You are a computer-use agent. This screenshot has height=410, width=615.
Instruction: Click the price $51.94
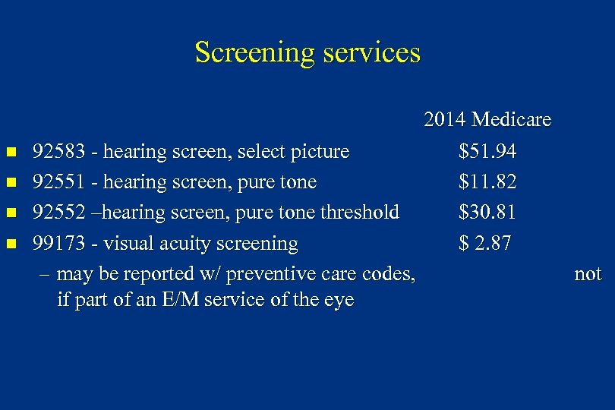pyautogui.click(x=487, y=152)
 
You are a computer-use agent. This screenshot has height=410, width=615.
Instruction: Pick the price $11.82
pyautogui.click(x=487, y=182)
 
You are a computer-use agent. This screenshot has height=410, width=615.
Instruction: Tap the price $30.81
pyautogui.click(x=487, y=213)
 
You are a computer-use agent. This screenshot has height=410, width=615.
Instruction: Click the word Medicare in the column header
pyautogui.click(x=511, y=120)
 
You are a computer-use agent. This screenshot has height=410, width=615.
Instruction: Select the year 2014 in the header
pyautogui.click(x=445, y=120)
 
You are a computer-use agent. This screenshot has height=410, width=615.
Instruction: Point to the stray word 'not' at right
pyautogui.click(x=588, y=274)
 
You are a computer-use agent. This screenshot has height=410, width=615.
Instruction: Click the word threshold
pyautogui.click(x=360, y=213)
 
